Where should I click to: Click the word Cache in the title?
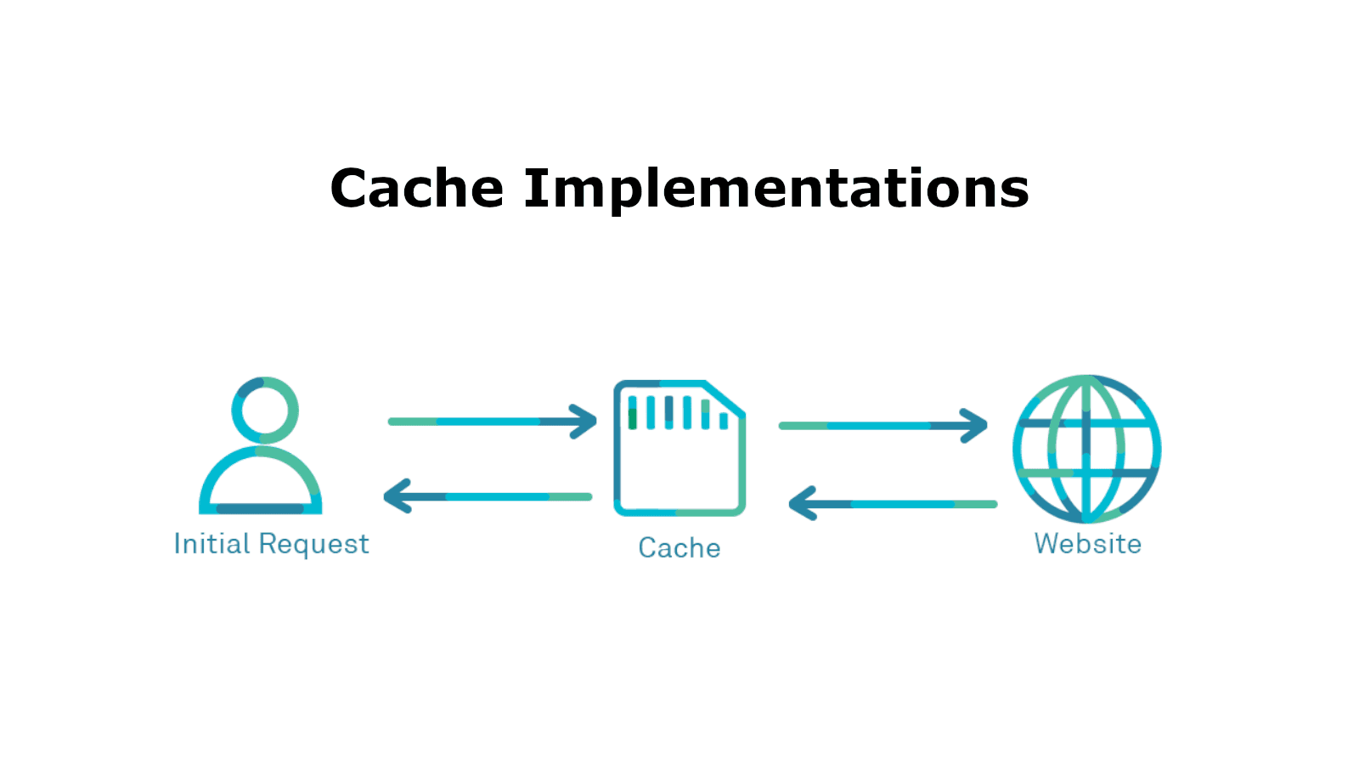[416, 188]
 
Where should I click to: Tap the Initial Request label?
[271, 544]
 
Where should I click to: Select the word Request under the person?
[313, 545]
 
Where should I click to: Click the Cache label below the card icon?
[679, 548]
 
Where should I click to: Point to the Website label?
[1087, 544]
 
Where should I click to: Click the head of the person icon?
[265, 410]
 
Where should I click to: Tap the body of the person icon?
[260, 484]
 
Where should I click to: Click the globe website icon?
[1086, 449]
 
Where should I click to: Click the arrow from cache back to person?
[488, 496]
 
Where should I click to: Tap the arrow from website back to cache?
[892, 504]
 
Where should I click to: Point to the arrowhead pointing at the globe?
[974, 426]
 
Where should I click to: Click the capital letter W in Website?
[1047, 543]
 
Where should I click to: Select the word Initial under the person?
[211, 543]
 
